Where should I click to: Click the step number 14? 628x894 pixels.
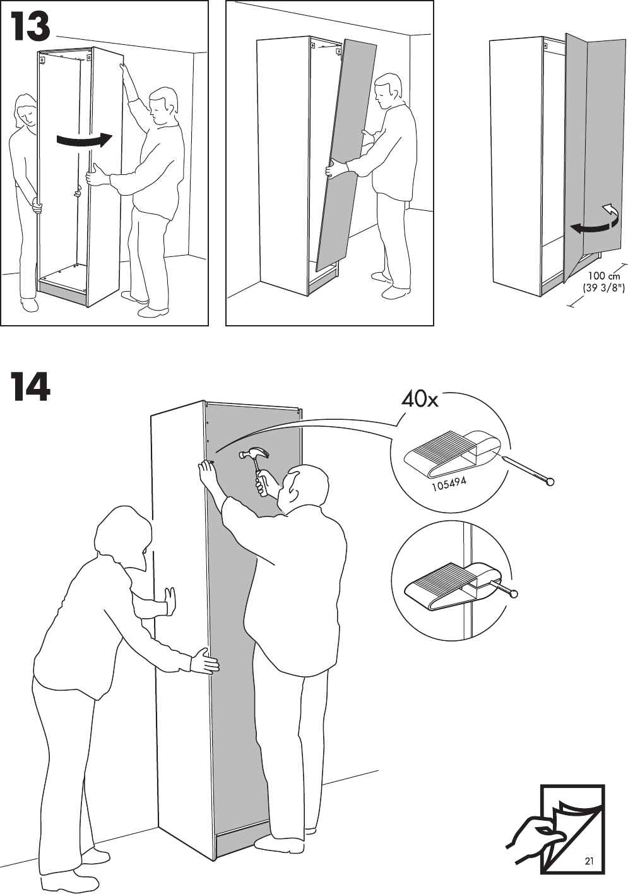click(30, 387)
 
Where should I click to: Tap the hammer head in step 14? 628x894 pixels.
click(254, 454)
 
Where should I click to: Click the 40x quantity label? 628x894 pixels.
click(419, 399)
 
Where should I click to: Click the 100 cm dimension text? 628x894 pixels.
click(604, 276)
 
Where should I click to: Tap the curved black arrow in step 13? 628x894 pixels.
click(83, 140)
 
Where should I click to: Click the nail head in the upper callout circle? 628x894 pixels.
click(551, 482)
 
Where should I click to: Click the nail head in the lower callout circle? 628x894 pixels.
click(514, 593)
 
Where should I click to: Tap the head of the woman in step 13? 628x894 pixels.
click(26, 110)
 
